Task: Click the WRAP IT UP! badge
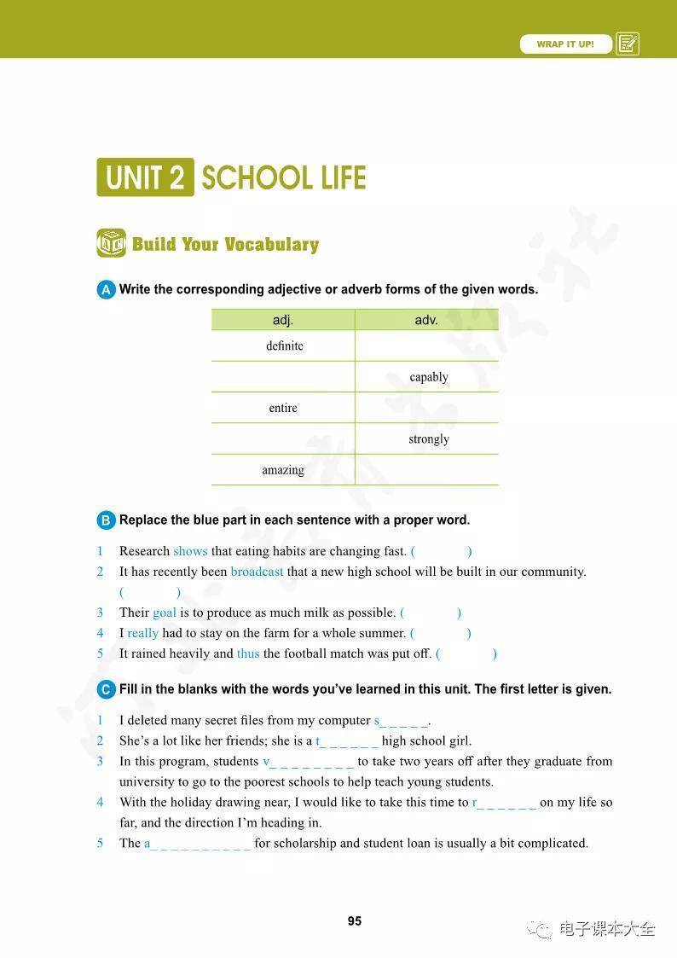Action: pos(565,44)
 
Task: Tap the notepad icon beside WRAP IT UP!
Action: pos(628,44)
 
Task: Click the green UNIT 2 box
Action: pos(145,177)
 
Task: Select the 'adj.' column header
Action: pos(283,320)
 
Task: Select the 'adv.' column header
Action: pos(426,320)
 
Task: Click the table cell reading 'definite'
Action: pos(284,345)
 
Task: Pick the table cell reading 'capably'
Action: pos(428,377)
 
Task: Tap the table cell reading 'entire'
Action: pos(283,408)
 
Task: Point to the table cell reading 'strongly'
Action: pos(428,439)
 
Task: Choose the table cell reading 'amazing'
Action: pos(283,470)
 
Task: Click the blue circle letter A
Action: pos(106,290)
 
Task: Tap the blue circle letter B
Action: pos(106,520)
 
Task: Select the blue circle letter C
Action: pos(106,689)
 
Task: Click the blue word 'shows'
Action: pos(190,551)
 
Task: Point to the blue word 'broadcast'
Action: pos(257,572)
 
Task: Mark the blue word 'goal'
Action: pos(165,613)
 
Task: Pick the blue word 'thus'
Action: pos(248,653)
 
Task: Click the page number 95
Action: pos(355,920)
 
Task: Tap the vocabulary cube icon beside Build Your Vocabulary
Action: pos(111,244)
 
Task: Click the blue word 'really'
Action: pos(142,633)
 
